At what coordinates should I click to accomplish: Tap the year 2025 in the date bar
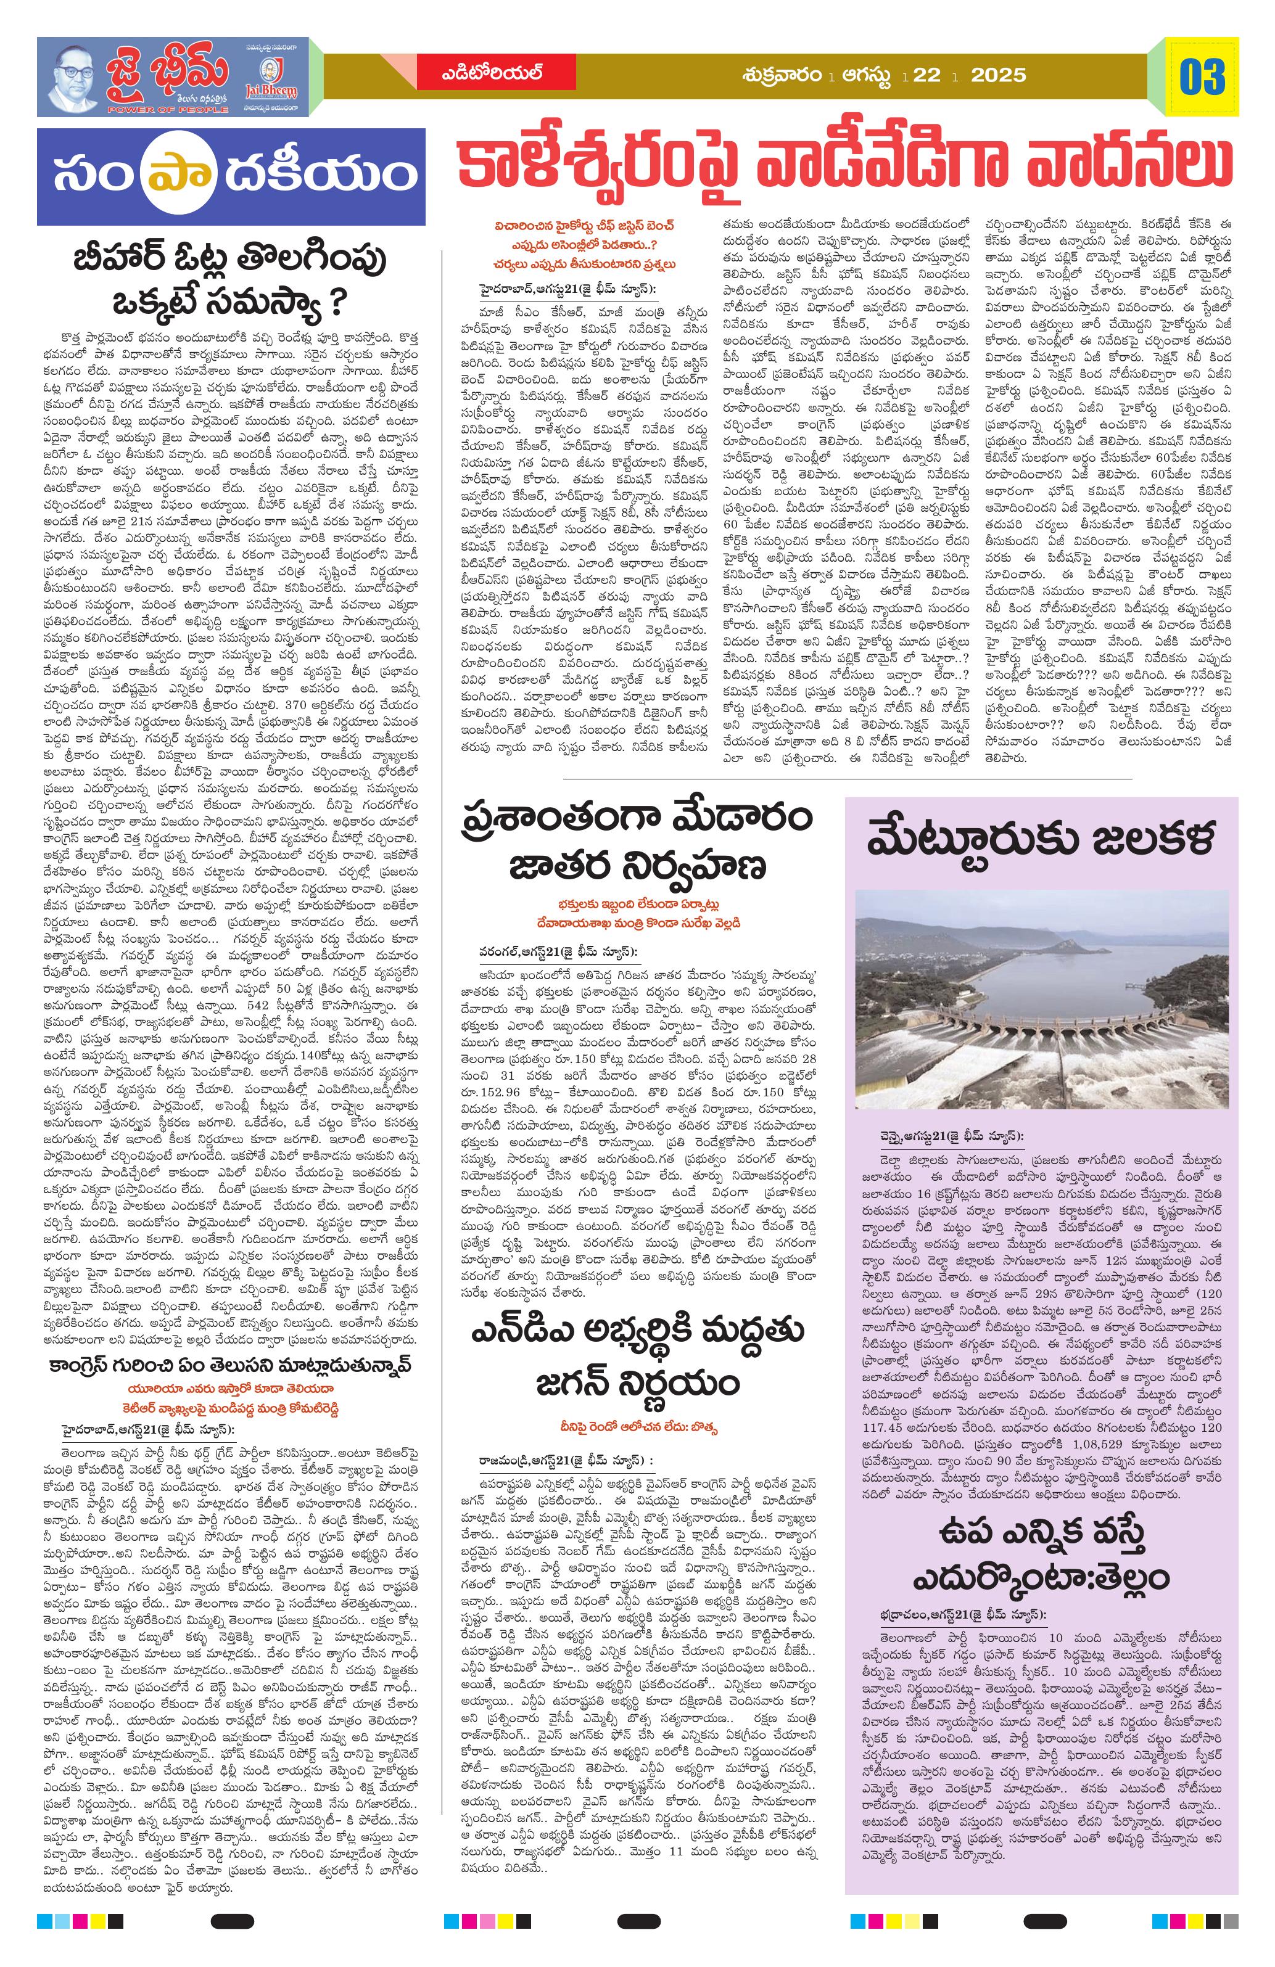[x=999, y=76]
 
